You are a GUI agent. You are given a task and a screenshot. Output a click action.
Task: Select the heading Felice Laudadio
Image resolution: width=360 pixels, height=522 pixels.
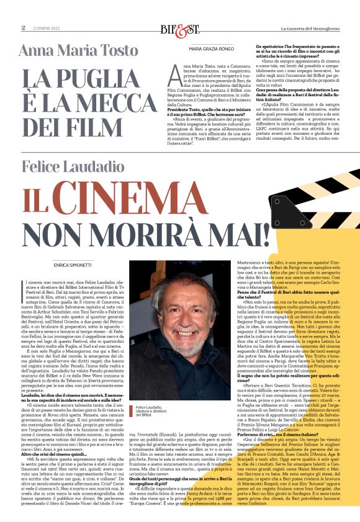[80, 166]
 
